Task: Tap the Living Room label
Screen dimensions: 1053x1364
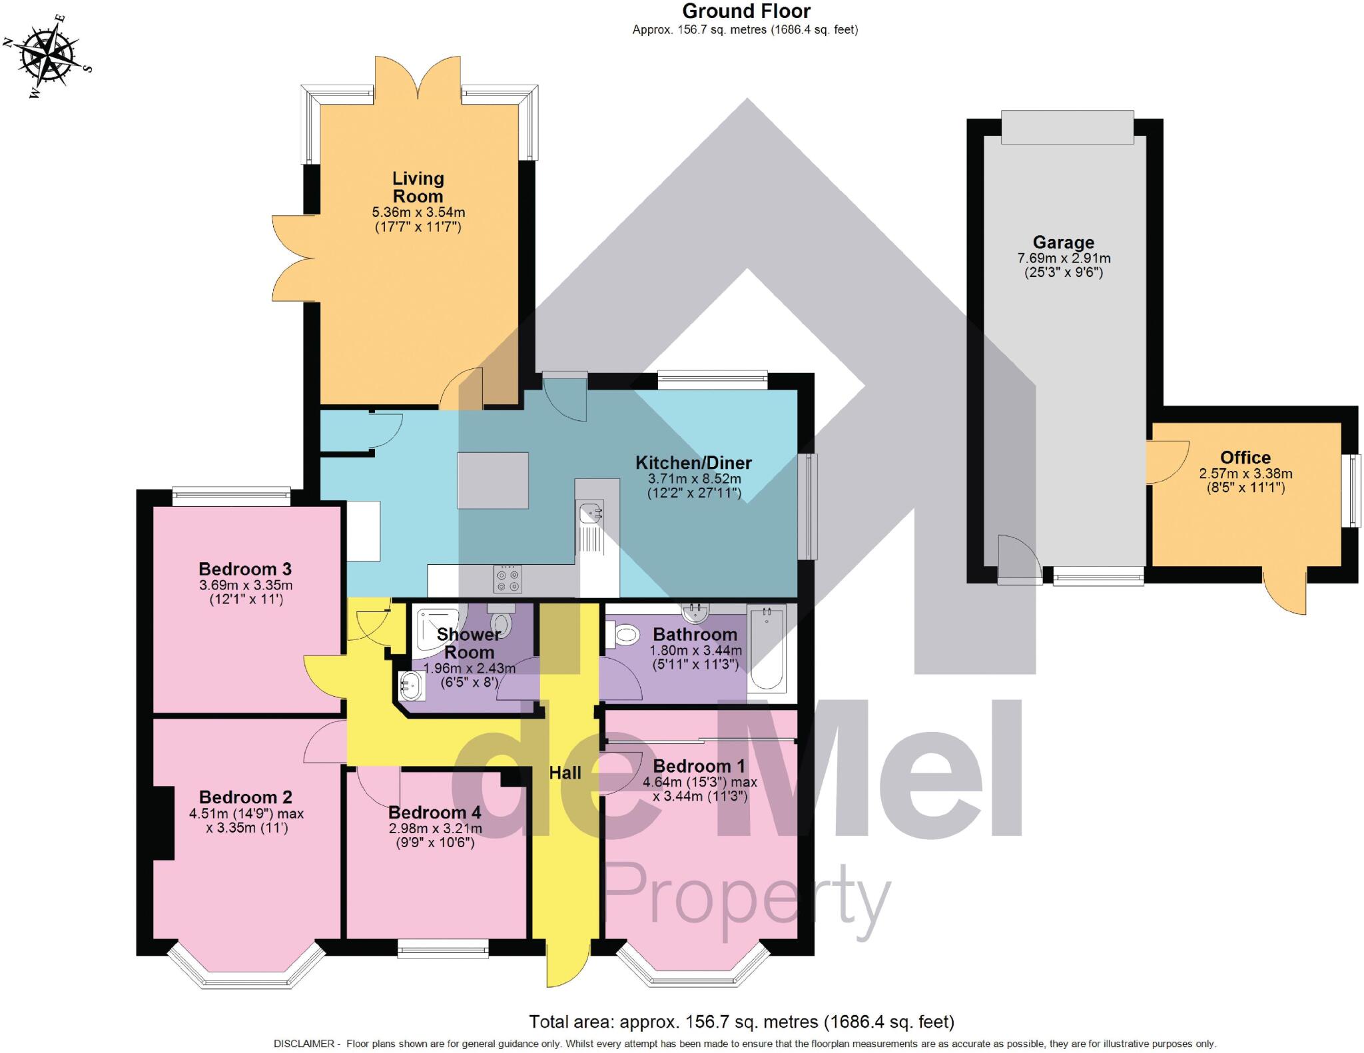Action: click(418, 187)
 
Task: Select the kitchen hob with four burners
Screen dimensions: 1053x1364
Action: click(508, 578)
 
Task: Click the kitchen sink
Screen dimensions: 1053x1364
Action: click(590, 514)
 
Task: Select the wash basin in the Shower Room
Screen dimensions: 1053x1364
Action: click(412, 686)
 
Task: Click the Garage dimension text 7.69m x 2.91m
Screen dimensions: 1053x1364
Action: click(1064, 258)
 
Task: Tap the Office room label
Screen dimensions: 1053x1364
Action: click(1245, 458)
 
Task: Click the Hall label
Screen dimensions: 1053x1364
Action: click(565, 773)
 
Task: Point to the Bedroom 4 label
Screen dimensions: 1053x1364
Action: click(434, 813)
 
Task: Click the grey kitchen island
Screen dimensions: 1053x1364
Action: click(493, 480)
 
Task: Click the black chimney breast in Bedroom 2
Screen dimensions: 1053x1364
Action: click(163, 823)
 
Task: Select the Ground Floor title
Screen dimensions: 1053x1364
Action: click(746, 11)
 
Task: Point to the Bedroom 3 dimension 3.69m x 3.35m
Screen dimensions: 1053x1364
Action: click(245, 585)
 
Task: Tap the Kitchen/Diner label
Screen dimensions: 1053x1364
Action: click(693, 463)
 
